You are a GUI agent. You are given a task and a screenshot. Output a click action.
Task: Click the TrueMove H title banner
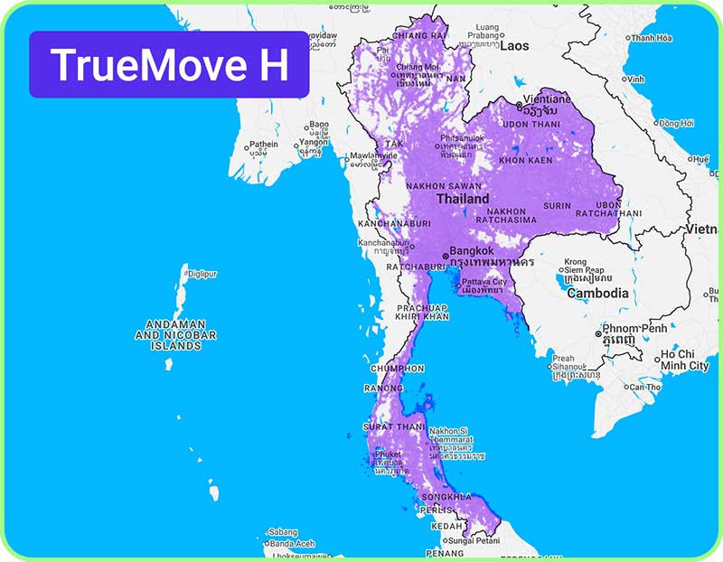(x=169, y=65)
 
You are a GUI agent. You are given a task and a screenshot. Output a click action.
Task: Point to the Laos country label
(x=514, y=44)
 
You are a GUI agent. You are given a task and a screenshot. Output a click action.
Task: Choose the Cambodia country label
(x=597, y=293)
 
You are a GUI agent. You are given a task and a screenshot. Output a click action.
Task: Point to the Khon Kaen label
(x=525, y=160)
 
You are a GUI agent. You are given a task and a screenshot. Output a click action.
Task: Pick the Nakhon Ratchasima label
(x=506, y=217)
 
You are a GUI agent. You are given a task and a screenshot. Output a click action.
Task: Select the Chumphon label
(x=397, y=369)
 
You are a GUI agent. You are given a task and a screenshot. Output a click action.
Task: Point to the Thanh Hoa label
(x=652, y=38)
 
